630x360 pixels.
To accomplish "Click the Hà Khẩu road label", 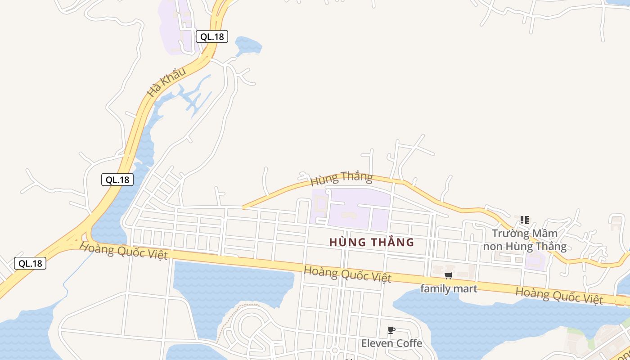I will [x=166, y=82].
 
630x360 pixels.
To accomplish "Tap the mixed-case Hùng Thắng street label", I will [x=342, y=178].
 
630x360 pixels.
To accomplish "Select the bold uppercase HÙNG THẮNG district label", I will [x=371, y=242].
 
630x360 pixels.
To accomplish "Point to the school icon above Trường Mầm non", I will [x=524, y=220].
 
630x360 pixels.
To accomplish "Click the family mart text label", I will [x=448, y=288].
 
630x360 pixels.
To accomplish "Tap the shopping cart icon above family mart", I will [x=448, y=275].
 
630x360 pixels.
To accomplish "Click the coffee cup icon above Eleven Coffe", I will [x=391, y=330].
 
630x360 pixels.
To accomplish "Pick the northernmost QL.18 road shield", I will [x=212, y=36].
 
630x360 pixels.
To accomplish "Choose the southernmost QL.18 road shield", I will [x=30, y=263].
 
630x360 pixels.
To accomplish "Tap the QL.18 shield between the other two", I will [x=117, y=180].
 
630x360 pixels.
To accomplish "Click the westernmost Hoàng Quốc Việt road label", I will [x=123, y=250].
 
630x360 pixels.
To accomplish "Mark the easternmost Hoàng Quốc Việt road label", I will [x=559, y=295].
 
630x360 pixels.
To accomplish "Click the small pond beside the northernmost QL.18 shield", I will [x=248, y=45].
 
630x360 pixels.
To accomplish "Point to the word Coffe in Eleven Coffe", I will [x=407, y=343].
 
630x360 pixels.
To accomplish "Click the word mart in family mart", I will [x=464, y=288].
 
